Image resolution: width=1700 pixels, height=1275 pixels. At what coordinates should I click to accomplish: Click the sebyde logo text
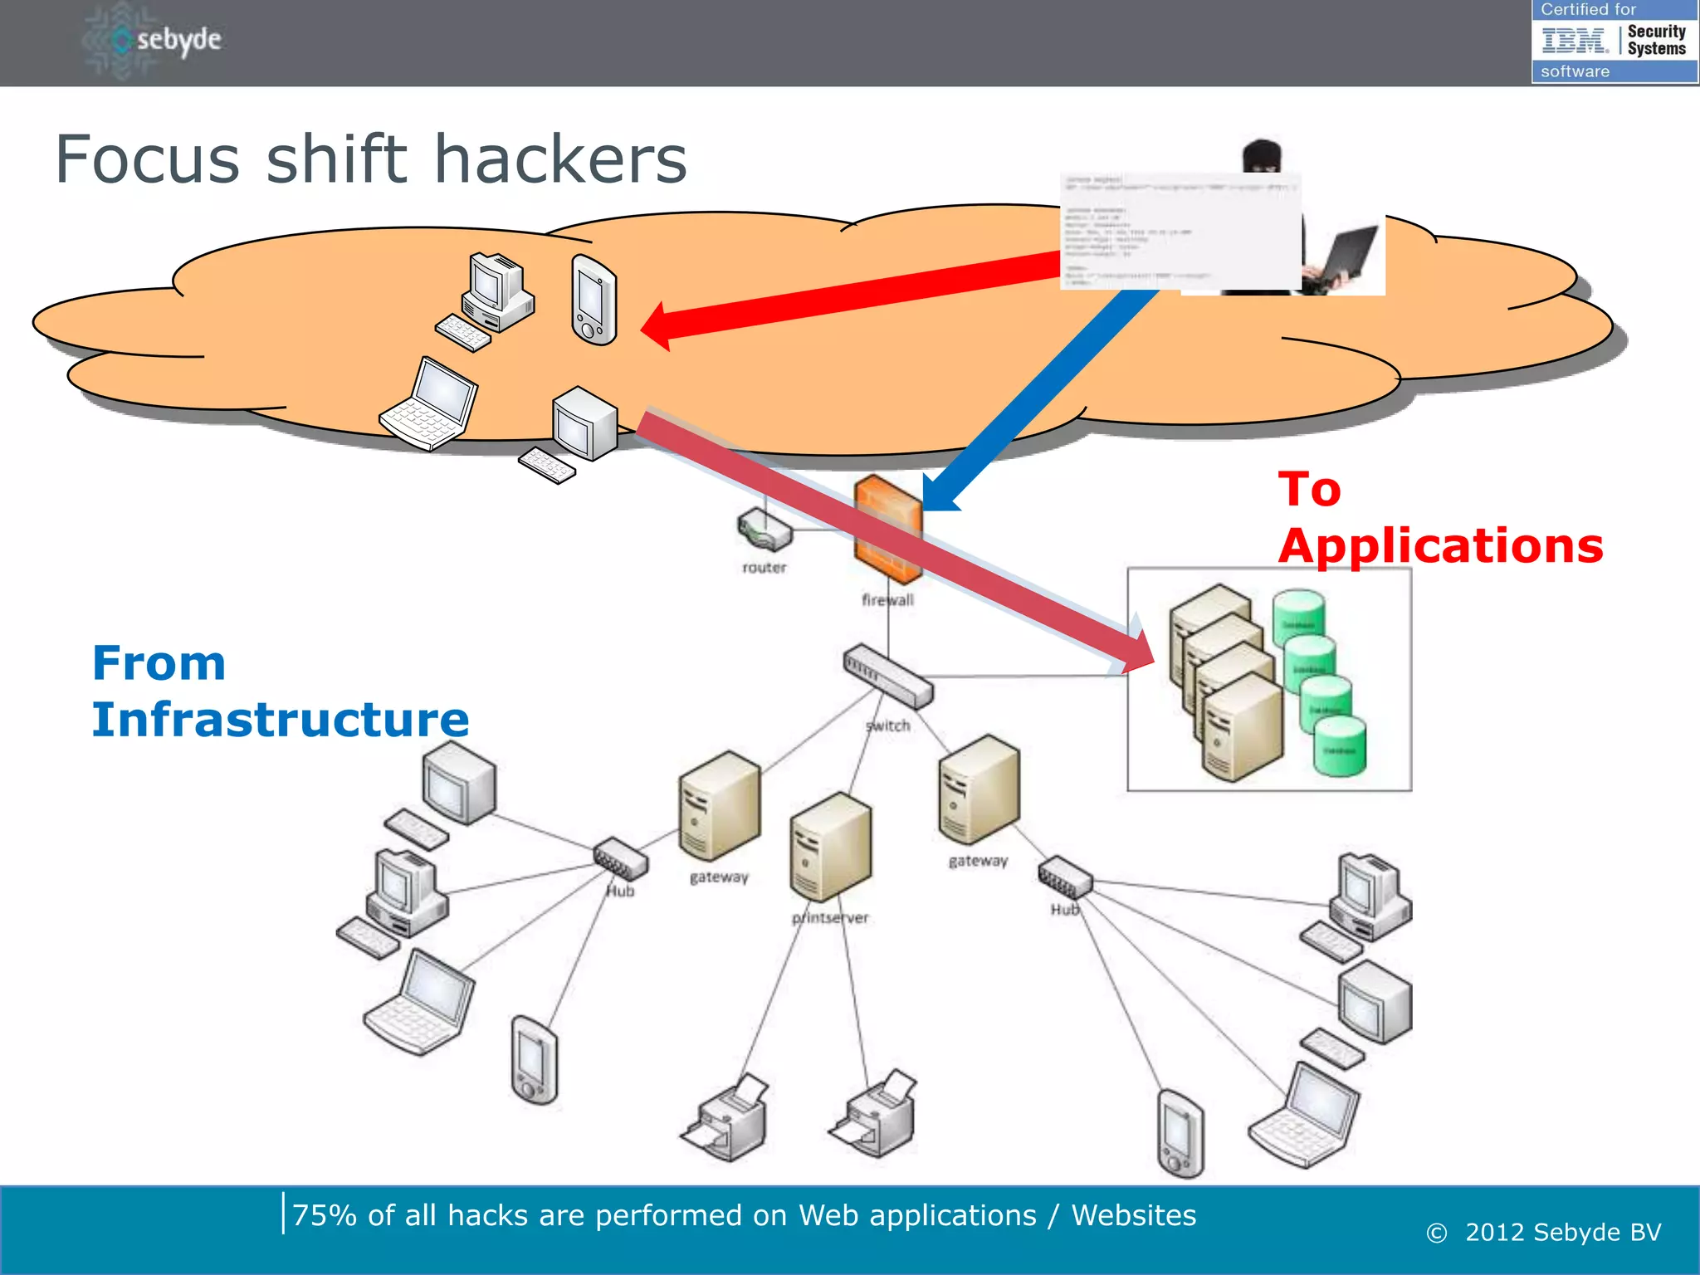[178, 40]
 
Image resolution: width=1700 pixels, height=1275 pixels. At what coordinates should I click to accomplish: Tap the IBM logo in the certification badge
[1575, 40]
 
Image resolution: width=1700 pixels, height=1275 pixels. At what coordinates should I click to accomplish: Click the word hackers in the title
[560, 159]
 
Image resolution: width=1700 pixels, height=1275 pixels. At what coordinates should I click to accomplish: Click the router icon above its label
[765, 530]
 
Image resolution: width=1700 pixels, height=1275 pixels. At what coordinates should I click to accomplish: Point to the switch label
[887, 725]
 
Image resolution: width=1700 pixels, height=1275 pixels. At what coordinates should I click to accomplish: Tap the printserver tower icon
[830, 847]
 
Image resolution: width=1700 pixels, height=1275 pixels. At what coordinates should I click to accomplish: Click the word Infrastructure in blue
[280, 719]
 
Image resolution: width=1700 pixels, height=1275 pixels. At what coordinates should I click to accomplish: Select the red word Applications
[1440, 546]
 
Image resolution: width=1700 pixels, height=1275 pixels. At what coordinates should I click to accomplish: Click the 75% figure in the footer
[325, 1215]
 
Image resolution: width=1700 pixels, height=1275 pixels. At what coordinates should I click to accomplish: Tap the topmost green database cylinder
[1298, 615]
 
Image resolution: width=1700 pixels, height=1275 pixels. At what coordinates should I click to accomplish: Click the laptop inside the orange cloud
[429, 404]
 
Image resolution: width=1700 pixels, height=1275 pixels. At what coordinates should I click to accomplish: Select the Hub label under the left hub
[620, 892]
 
